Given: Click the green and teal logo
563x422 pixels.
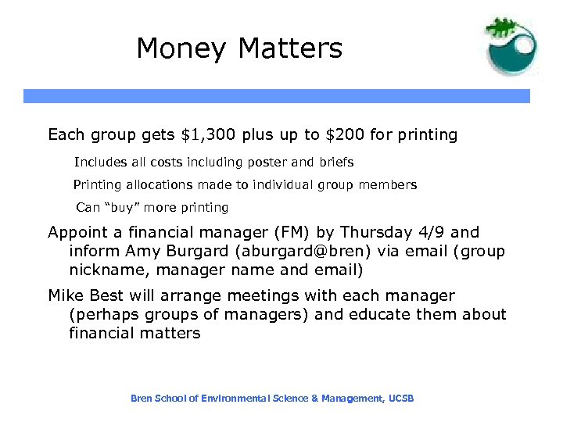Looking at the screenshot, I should pyautogui.click(x=511, y=47).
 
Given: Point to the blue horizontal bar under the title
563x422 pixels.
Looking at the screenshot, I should pyautogui.click(x=276, y=96).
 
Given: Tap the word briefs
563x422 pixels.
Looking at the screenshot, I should pyautogui.click(x=336, y=163).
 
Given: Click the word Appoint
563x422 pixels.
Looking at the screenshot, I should pyautogui.click(x=78, y=232).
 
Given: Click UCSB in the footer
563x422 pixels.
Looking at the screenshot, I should pyautogui.click(x=400, y=399).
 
